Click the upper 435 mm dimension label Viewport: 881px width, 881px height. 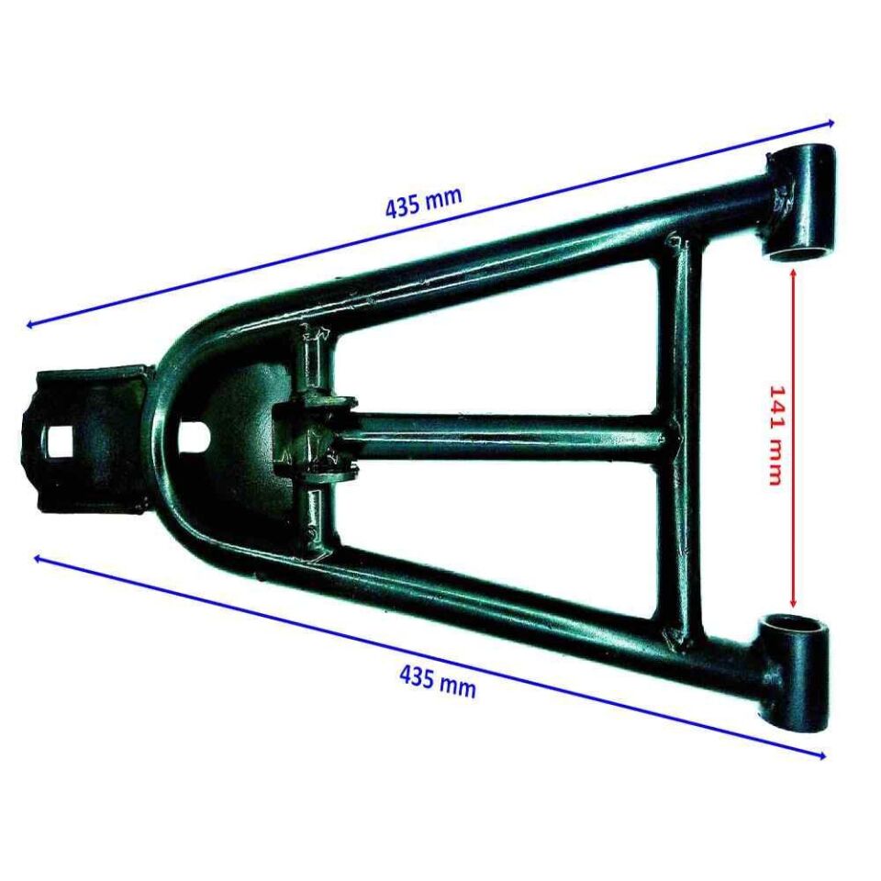tap(423, 202)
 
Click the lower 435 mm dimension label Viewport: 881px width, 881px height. tap(438, 681)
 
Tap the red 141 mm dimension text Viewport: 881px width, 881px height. tap(775, 435)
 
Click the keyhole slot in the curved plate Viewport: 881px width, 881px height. tap(195, 434)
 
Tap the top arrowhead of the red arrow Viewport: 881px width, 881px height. tap(792, 273)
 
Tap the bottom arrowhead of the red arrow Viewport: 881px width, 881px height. tap(793, 601)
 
